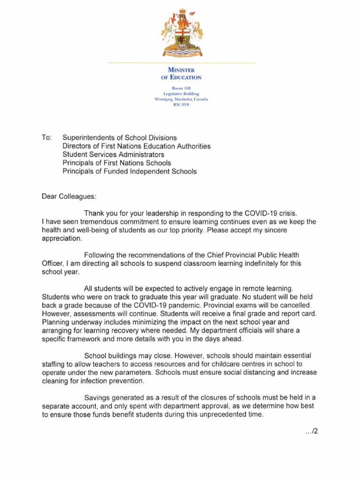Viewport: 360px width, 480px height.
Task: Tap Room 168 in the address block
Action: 181,88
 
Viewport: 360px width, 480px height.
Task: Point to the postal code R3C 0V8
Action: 181,105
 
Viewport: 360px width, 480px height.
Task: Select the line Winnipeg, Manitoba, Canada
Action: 181,99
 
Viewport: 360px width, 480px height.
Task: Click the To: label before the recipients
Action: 47,138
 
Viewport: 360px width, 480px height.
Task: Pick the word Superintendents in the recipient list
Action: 87,138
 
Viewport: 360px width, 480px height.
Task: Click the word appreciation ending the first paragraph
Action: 61,239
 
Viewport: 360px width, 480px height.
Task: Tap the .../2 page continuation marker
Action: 311,431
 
